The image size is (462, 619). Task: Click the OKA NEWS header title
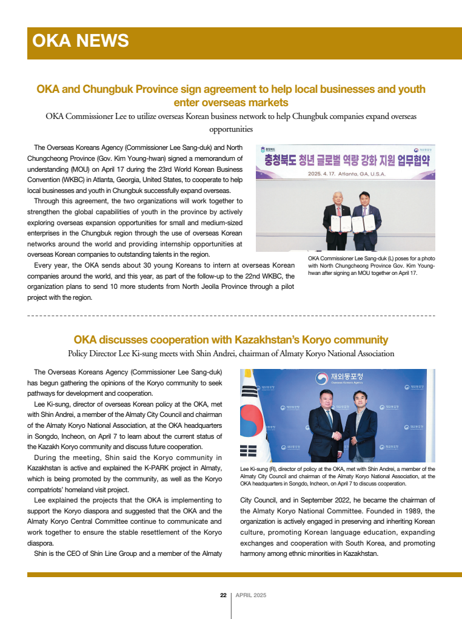tap(80, 41)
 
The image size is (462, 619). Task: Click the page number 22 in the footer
tap(223, 595)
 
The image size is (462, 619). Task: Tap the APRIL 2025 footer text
tap(250, 595)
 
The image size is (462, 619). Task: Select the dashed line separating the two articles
tap(231, 316)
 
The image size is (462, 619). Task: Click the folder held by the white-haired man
tap(345, 224)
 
